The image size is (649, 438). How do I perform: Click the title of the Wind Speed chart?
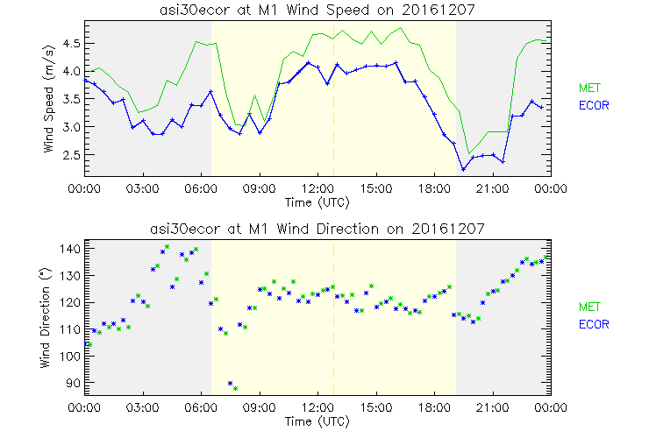click(317, 10)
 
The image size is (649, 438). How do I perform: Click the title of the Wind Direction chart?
click(317, 229)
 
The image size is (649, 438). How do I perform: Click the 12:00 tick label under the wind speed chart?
click(317, 188)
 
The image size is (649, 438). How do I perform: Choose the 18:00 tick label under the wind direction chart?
click(434, 407)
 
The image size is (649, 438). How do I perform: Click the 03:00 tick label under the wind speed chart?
click(142, 188)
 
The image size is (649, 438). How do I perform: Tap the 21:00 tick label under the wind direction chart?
click(492, 407)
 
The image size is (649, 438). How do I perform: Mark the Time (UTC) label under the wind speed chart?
click(317, 201)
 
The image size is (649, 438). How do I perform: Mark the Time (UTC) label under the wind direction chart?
click(317, 420)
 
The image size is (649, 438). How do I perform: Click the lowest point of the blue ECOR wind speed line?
click(463, 170)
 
